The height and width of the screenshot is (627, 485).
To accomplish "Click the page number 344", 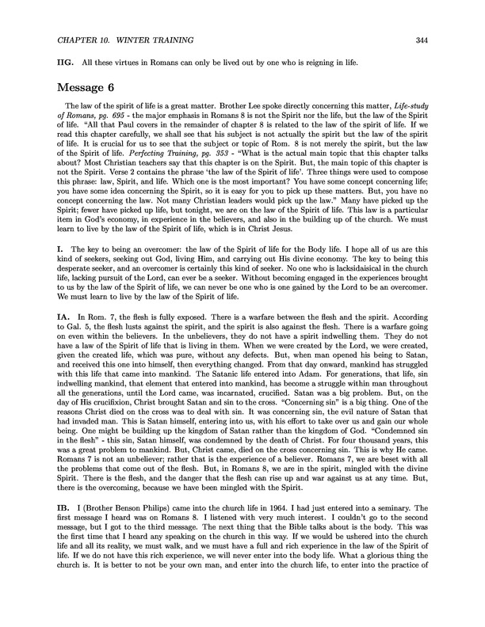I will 443,41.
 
